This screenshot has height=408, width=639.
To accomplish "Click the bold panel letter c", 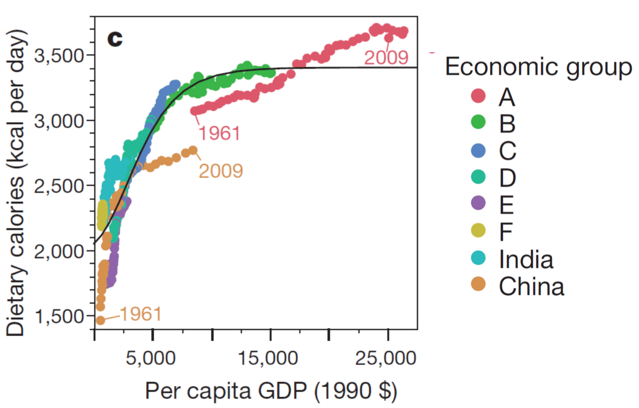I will (114, 39).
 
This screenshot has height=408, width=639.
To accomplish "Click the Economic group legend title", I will (539, 67).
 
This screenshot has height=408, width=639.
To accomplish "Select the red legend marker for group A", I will (479, 96).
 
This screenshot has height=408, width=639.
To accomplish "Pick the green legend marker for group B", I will (479, 122).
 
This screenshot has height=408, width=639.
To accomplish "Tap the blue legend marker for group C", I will (479, 149).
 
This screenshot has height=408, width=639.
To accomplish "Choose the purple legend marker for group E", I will (479, 203).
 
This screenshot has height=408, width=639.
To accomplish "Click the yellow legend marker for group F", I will (479, 230).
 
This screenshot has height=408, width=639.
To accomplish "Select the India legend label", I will (526, 258).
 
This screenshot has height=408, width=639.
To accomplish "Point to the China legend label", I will (531, 286).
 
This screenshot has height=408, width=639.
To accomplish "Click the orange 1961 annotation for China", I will (140, 314).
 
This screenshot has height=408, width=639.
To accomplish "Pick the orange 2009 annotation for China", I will (221, 171).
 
